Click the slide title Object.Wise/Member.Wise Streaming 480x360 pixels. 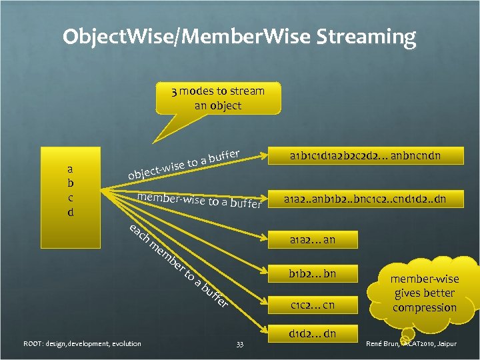(239, 36)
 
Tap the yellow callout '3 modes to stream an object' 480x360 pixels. (217, 98)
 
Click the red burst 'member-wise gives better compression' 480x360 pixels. (425, 293)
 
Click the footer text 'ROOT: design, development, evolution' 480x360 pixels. (82, 344)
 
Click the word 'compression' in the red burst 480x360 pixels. (425, 308)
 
